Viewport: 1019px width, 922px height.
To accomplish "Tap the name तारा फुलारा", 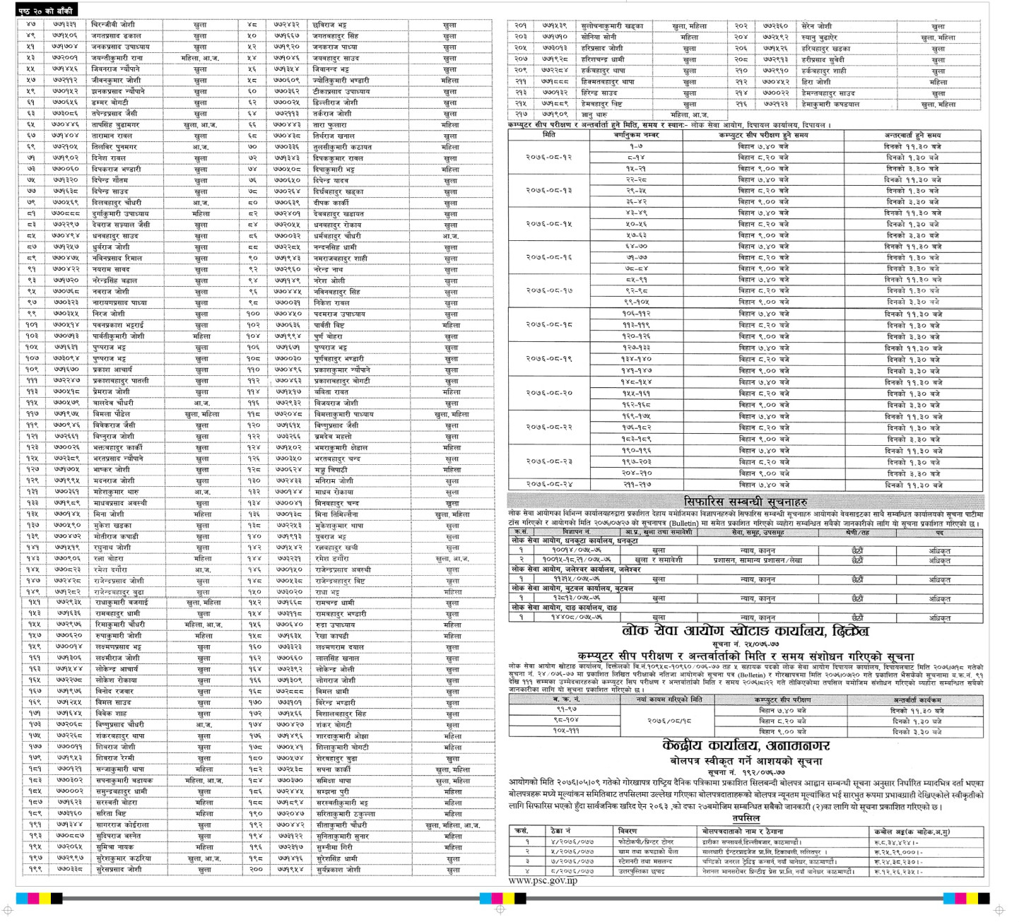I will click(x=330, y=125).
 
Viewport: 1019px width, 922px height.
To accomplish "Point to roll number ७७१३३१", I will click(x=65, y=25).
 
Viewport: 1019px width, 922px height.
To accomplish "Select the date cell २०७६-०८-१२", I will click(x=548, y=157).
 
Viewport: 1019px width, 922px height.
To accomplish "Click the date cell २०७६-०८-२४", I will click(x=548, y=485).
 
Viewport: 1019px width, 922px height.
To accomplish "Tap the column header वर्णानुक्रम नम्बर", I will click(x=636, y=134).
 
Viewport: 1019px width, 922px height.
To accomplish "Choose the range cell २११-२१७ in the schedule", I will click(x=636, y=485).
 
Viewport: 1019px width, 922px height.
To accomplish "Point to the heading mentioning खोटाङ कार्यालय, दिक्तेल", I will click(x=745, y=631).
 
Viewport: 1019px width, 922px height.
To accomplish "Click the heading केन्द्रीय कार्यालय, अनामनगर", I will click(x=746, y=746).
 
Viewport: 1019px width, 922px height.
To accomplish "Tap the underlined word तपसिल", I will click(x=746, y=817).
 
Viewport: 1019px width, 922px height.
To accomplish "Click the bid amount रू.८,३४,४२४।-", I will click(x=897, y=842).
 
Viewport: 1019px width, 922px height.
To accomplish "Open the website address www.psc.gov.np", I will click(x=543, y=880).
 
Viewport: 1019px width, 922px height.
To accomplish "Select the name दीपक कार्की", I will click(x=331, y=203).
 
